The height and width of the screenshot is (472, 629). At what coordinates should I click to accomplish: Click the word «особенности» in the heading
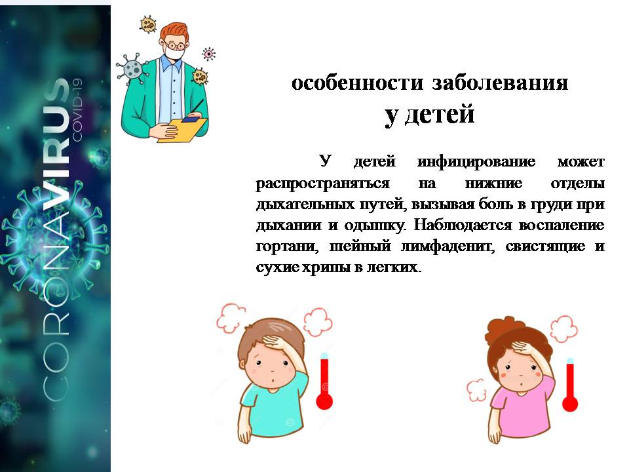(358, 83)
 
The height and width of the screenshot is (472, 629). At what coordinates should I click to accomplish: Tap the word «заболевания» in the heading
(500, 83)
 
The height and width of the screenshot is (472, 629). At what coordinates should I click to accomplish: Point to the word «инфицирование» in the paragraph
(476, 161)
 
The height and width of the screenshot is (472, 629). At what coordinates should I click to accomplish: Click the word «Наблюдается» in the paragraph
(463, 225)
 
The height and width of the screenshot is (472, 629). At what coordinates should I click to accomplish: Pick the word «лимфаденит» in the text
(448, 246)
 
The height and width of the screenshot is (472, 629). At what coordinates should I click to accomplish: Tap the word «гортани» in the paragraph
(287, 246)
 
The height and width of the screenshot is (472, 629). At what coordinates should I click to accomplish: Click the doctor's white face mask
(176, 52)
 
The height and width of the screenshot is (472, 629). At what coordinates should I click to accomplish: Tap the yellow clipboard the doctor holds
(181, 129)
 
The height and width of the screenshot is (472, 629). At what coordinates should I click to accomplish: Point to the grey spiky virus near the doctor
(132, 69)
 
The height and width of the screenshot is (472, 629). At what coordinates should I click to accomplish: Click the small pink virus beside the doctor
(208, 53)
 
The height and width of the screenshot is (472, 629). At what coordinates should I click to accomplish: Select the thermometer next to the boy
(324, 382)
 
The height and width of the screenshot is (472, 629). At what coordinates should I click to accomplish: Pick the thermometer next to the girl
(569, 385)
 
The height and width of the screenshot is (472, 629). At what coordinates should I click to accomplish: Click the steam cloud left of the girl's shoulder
(476, 390)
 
